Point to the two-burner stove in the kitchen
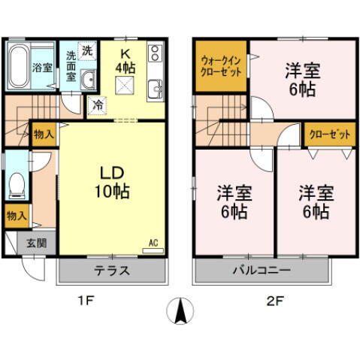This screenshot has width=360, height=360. pos(156,53)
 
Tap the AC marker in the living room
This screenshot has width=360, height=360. pos(153,243)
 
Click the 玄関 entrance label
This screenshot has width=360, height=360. pos(36,243)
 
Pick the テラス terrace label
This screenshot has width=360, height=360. pos(112,271)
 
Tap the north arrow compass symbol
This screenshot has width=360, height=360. pos(180,310)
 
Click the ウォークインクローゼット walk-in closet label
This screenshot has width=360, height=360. pos(219,66)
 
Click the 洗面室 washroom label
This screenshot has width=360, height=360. pos(71,65)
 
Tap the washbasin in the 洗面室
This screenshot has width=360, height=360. pos(87,80)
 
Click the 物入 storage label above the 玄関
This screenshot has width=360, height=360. pos(16,216)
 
